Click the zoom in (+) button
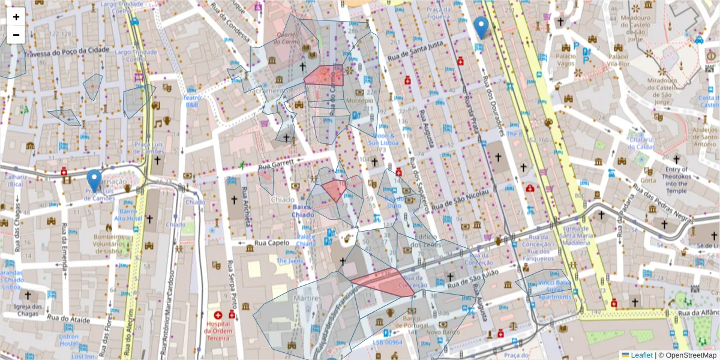(x=16, y=17)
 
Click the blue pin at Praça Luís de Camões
(x=94, y=179)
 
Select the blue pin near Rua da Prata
(x=481, y=27)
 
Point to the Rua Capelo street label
(x=272, y=244)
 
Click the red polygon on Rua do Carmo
(x=325, y=76)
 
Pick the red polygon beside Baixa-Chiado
(x=334, y=190)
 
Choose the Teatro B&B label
(x=192, y=101)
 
